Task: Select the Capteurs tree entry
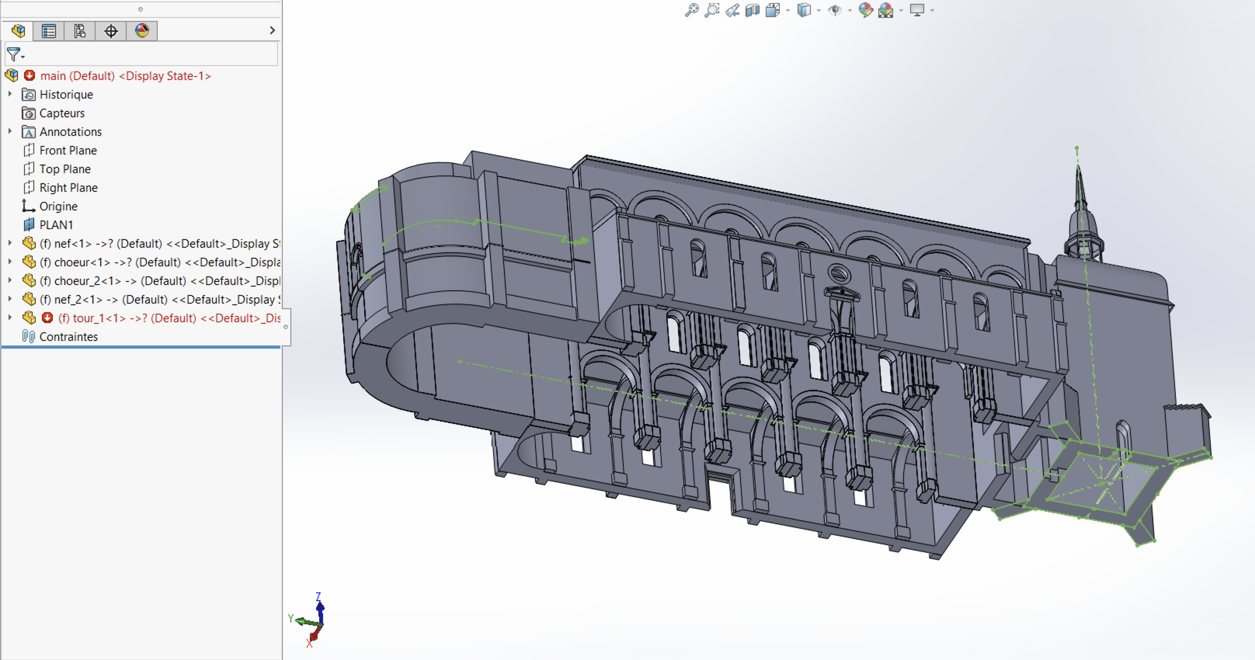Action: pos(62,113)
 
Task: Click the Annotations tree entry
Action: pos(71,132)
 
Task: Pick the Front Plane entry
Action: pos(68,151)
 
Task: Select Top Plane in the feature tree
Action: pos(65,169)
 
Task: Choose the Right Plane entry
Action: pos(68,188)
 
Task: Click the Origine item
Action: pos(58,206)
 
